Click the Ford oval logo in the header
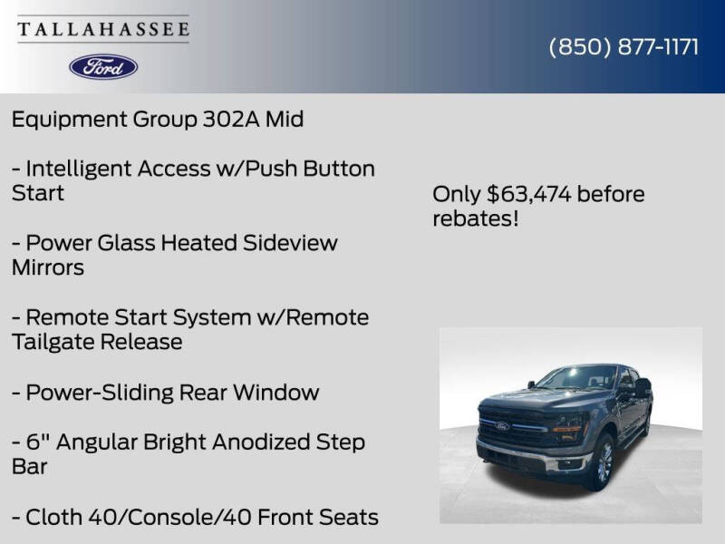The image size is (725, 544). click(x=103, y=66)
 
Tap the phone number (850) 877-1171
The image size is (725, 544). click(x=623, y=47)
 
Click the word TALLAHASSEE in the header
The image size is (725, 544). click(x=103, y=29)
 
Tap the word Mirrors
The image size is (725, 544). click(x=48, y=267)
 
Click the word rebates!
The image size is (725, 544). click(x=475, y=219)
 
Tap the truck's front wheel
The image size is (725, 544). click(x=603, y=463)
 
